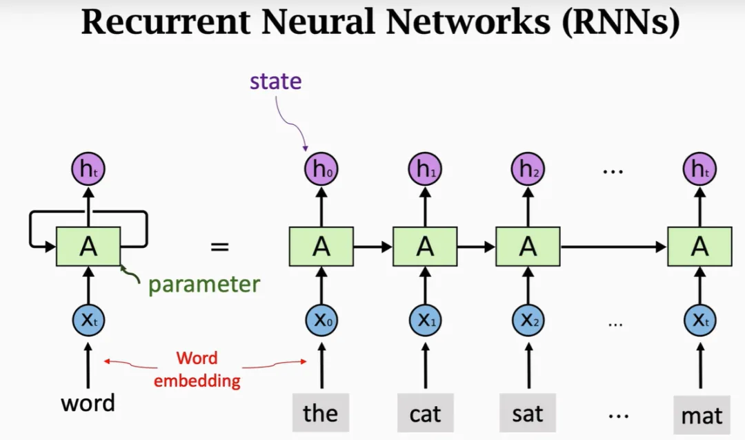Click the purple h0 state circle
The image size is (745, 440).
pyautogui.click(x=321, y=169)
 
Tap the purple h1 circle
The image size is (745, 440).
pyautogui.click(x=425, y=169)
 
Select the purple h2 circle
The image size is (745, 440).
pyautogui.click(x=528, y=169)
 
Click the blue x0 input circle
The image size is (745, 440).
pyautogui.click(x=321, y=320)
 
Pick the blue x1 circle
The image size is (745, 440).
pyautogui.click(x=425, y=320)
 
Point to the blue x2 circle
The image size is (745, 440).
pyautogui.click(x=528, y=320)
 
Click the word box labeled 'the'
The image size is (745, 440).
pyautogui.click(x=321, y=413)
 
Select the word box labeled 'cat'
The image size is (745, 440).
pyautogui.click(x=425, y=413)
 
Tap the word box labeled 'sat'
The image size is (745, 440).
pyautogui.click(x=528, y=413)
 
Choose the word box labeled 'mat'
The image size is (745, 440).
pyautogui.click(x=701, y=414)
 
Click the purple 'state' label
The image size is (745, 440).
pyautogui.click(x=275, y=82)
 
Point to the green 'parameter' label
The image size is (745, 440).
pyautogui.click(x=204, y=284)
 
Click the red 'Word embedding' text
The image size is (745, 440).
pyautogui.click(x=197, y=370)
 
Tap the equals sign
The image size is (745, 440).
pyautogui.click(x=219, y=246)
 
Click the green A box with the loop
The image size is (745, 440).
pyautogui.click(x=88, y=246)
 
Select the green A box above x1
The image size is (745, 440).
pyautogui.click(x=425, y=246)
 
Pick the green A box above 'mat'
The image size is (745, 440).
pyautogui.click(x=699, y=246)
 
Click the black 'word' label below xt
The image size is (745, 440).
pyautogui.click(x=88, y=403)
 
